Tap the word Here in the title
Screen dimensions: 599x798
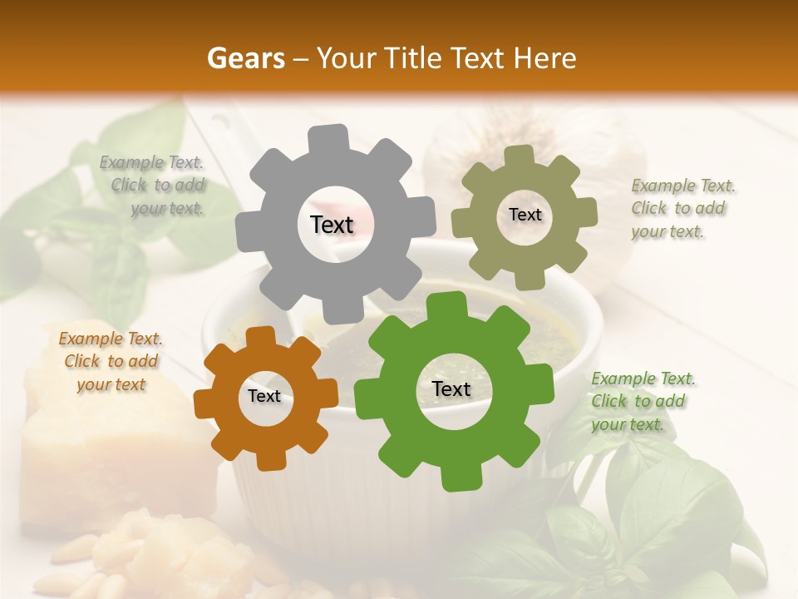(x=545, y=58)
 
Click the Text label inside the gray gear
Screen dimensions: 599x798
(x=332, y=225)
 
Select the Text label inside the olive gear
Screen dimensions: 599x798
(x=525, y=215)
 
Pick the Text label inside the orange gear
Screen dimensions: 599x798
(x=264, y=396)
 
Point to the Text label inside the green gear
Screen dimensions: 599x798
(x=451, y=389)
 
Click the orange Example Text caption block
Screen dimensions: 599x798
(x=111, y=361)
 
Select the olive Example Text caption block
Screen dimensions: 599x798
(x=682, y=209)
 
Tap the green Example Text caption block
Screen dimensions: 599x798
(x=642, y=401)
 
